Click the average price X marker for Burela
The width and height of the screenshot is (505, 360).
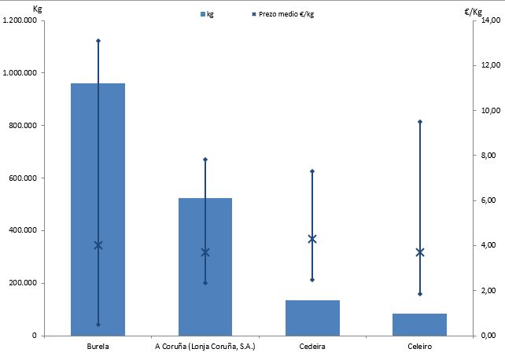point(98,245)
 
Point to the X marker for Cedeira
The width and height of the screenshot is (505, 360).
point(312,239)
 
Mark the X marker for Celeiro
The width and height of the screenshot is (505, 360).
point(420,252)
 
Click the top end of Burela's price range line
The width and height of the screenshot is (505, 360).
point(98,40)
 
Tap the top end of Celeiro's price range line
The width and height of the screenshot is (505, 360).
point(420,122)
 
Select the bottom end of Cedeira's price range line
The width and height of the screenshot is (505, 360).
point(312,280)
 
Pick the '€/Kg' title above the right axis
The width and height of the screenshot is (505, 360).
point(475,8)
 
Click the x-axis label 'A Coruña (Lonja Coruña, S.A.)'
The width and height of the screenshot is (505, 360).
point(205,347)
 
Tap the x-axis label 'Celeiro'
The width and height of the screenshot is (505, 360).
point(420,347)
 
